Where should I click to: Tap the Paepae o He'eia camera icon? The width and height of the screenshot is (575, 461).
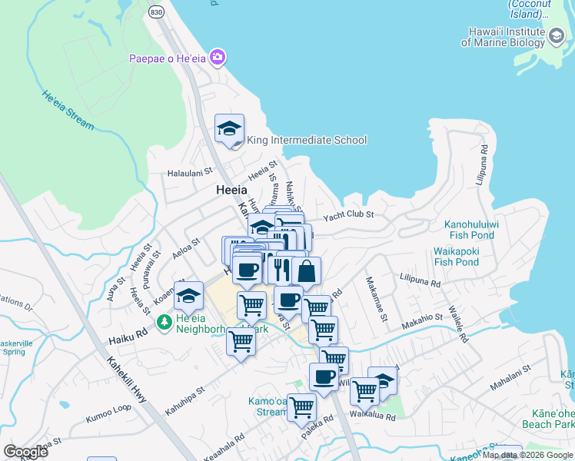pos(218,58)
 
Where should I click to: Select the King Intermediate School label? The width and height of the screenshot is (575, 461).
pos(306,140)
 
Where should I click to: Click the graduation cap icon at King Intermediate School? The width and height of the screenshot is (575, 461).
pos(229,128)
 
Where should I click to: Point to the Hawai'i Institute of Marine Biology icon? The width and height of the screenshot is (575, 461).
pos(555,36)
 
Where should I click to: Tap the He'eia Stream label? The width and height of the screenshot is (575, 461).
pos(69,110)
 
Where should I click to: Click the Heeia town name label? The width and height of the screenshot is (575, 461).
pos(231,190)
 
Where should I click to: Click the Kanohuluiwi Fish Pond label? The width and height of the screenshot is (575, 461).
pos(477,230)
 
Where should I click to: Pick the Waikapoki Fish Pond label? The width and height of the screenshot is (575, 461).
pos(467,256)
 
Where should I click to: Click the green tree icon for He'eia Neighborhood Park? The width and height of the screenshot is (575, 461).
pos(164,321)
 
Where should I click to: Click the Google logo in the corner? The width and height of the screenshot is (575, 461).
pos(25,451)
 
